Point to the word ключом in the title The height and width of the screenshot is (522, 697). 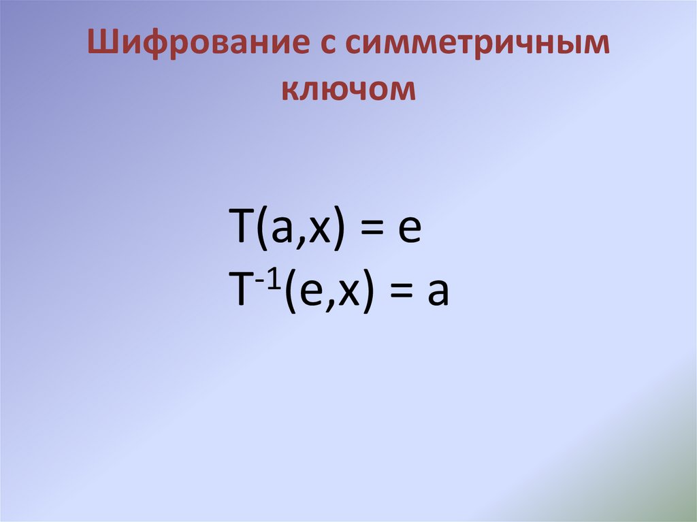pos(349,90)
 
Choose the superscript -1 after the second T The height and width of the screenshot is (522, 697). pos(269,280)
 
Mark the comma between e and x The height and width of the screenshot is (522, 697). pos(330,306)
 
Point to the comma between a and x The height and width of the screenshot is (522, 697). pos(300,243)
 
